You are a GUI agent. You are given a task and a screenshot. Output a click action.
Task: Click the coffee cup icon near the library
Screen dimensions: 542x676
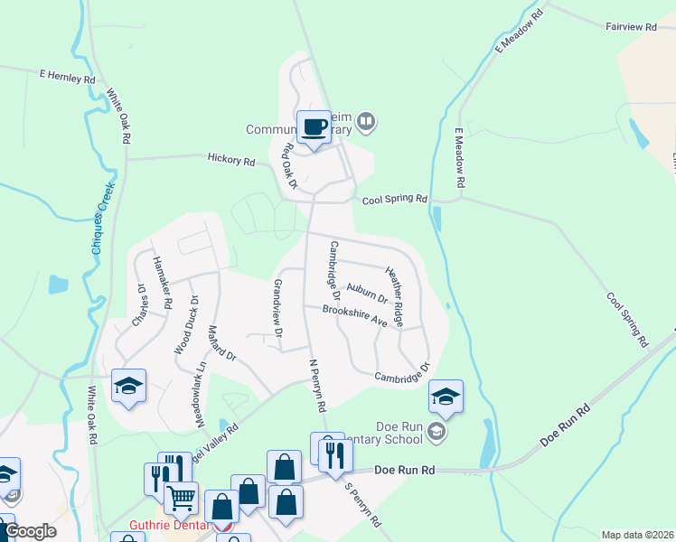[x=315, y=127]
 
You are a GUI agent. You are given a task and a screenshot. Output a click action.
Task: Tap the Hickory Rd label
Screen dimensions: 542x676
[x=230, y=160]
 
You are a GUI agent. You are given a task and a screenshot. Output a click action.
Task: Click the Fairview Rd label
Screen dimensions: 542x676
[x=631, y=28]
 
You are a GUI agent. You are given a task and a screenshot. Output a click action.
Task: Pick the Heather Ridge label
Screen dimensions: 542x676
[x=401, y=294]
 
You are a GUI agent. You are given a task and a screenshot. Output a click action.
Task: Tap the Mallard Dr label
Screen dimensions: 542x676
[x=221, y=343]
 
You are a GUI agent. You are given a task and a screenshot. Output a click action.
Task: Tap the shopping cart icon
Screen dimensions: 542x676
[x=182, y=496]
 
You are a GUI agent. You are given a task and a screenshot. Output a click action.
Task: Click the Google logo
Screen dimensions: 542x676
[x=30, y=531]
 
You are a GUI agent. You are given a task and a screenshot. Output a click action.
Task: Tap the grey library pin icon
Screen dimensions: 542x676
[x=366, y=120]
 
